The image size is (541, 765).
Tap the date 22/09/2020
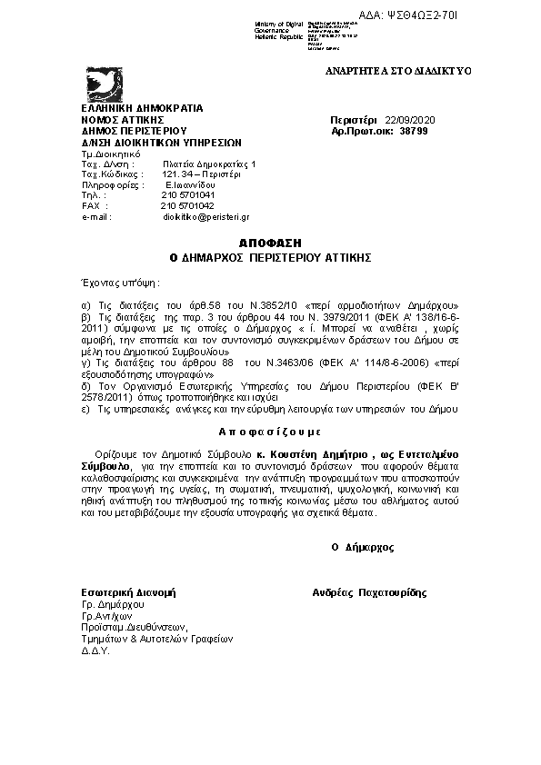410,119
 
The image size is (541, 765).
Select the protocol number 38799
413,131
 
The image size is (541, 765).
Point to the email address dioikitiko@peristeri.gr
205,217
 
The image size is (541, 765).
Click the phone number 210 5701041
188,194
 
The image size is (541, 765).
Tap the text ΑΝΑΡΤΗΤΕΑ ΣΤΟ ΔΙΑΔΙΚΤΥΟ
397,71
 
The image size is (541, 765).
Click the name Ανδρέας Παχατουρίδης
368,592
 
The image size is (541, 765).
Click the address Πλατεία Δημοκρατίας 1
210,163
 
